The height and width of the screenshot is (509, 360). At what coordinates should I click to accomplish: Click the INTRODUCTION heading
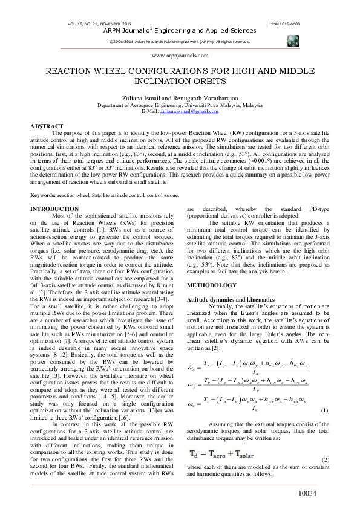click(55, 209)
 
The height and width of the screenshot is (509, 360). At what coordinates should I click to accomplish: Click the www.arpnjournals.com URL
click(180, 55)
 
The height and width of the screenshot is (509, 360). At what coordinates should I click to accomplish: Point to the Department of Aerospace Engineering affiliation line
click(180, 105)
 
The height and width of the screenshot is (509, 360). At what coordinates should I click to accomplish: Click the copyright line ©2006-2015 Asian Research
click(179, 42)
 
